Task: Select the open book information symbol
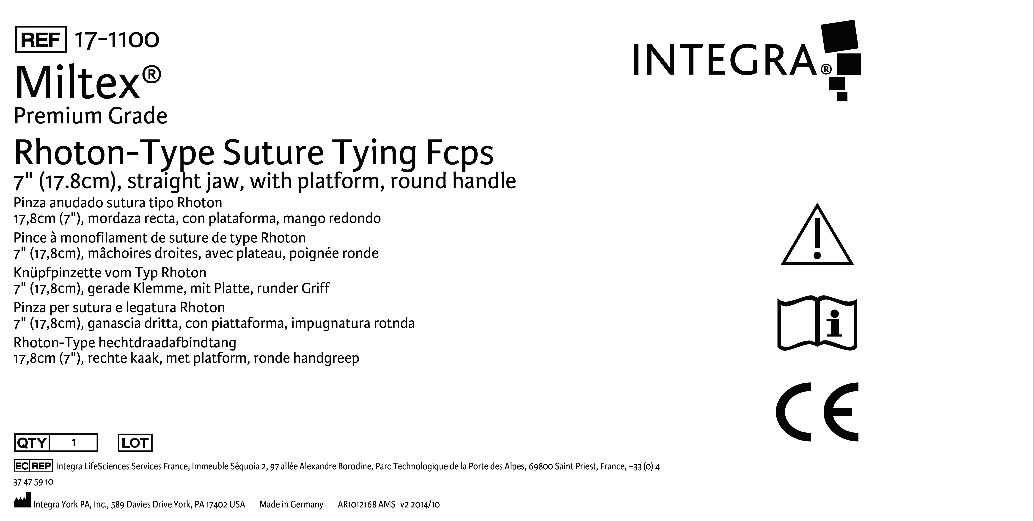pyautogui.click(x=817, y=323)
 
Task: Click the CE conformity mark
pyautogui.click(x=817, y=412)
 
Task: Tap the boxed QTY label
pyautogui.click(x=32, y=443)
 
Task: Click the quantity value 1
pyautogui.click(x=74, y=443)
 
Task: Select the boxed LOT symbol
pyautogui.click(x=135, y=443)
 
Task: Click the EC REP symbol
pyautogui.click(x=33, y=466)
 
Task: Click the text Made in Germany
pyautogui.click(x=291, y=504)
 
